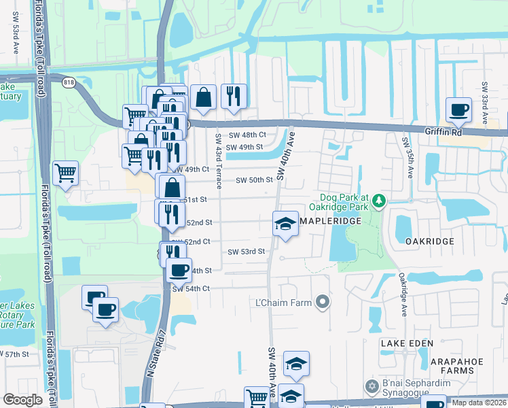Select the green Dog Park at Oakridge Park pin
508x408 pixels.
tap(379, 201)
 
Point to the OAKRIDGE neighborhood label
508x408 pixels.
tap(429, 241)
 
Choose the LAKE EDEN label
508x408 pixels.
tap(406, 343)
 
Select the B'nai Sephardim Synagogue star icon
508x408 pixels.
tap(371, 387)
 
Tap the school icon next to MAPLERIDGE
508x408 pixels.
tap(286, 223)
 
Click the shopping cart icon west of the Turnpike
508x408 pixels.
tap(65, 173)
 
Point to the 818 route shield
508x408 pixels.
tap(69, 82)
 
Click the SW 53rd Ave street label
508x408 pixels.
tap(14, 38)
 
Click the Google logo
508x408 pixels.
tap(22, 400)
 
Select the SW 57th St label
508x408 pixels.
tap(15, 354)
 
